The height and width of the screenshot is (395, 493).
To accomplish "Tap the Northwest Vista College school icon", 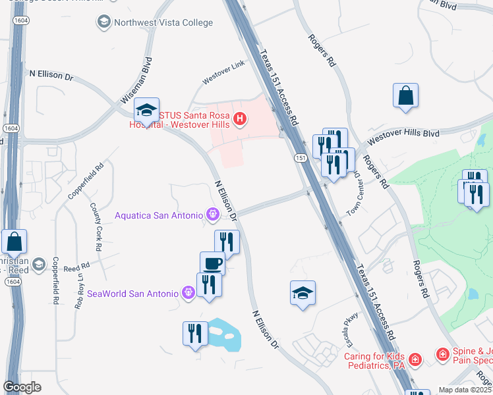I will [x=103, y=22].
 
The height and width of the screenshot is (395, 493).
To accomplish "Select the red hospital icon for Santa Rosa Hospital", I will [x=241, y=119].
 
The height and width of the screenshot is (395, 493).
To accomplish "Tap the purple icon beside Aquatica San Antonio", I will [x=212, y=214].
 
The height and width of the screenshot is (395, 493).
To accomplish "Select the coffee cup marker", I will [x=212, y=264].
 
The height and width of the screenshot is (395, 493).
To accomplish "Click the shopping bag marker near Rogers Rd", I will [x=405, y=95].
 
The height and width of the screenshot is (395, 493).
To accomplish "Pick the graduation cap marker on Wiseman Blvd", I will [x=146, y=109].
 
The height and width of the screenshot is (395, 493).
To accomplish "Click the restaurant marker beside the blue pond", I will [x=195, y=333].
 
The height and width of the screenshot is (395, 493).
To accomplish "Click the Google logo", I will [x=22, y=386].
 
